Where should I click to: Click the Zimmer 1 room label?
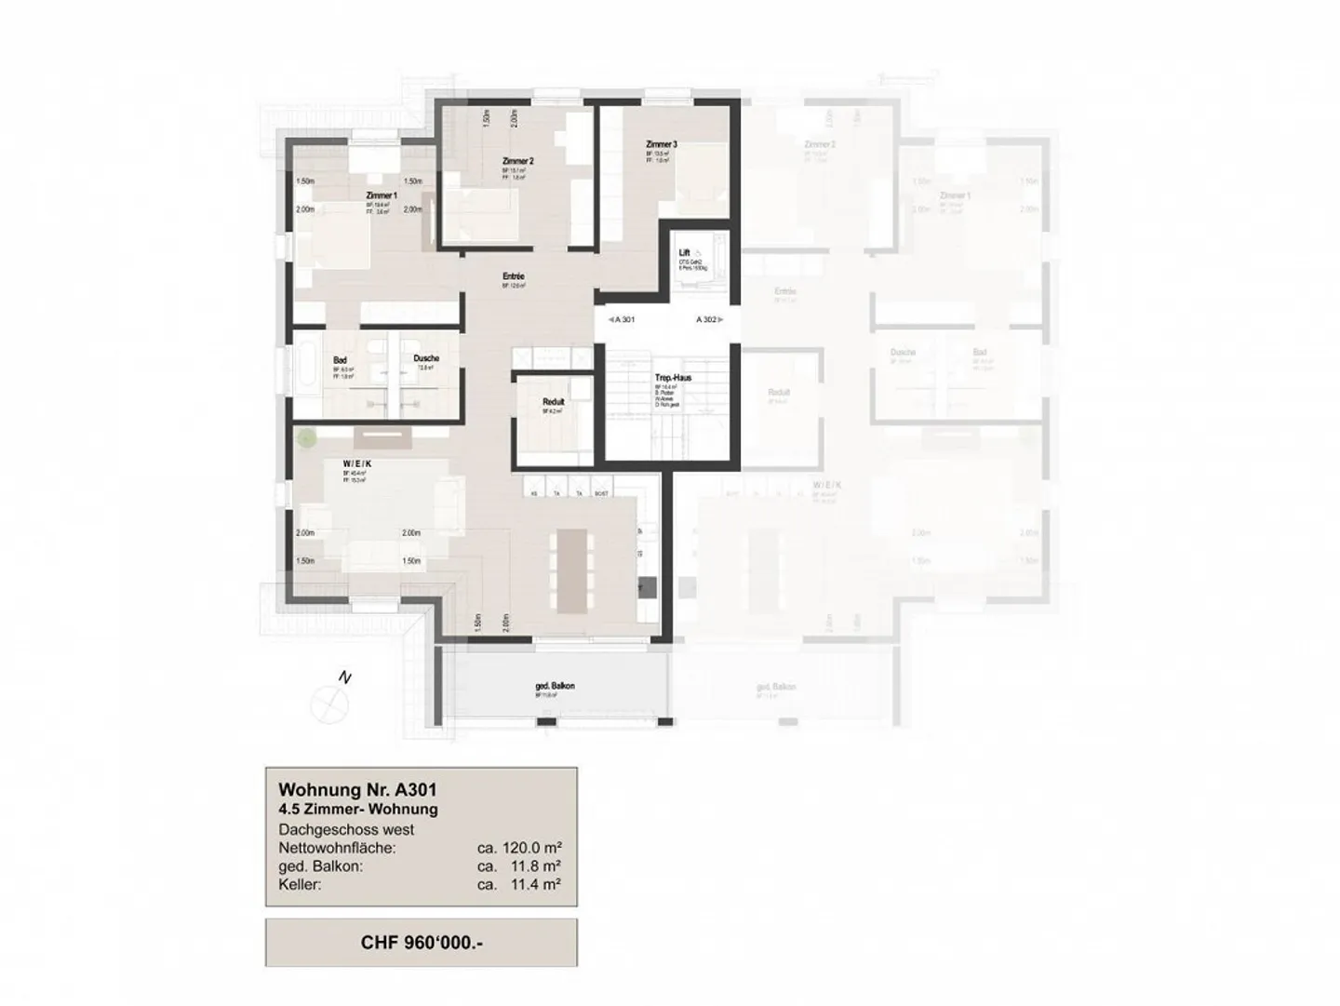coord(382,195)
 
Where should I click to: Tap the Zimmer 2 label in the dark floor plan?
coord(517,161)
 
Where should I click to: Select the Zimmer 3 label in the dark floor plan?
coord(662,144)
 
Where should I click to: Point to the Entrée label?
coord(513,276)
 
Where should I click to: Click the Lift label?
coord(685,252)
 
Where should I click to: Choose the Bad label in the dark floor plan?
coord(340,359)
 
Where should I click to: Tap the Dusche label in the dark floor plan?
coord(426,358)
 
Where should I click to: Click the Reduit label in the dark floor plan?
coord(554,402)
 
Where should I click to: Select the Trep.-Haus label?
coord(673,378)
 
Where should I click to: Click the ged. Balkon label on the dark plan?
coord(555,686)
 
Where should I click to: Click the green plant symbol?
coord(305,436)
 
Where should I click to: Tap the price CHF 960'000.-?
coord(421,943)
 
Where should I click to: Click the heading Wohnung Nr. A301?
coord(358,791)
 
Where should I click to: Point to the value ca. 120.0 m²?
coord(518,848)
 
